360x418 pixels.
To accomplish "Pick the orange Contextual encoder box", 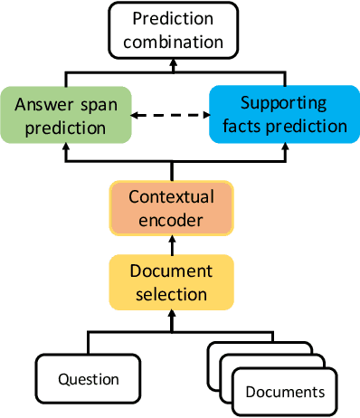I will tap(171, 206).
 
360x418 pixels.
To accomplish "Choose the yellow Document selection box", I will tap(171, 281).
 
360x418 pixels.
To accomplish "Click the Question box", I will tap(88, 379).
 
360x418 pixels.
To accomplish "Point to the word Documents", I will tap(286, 392).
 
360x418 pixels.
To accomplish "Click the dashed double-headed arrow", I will tap(171, 116).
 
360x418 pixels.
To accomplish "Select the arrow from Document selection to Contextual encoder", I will tap(171, 244).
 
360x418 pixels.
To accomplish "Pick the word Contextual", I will tap(171, 195).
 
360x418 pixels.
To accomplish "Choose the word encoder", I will tap(171, 218).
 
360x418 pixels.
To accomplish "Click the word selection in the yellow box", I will tap(171, 293).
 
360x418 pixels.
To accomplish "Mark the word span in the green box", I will tap(99, 103).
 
